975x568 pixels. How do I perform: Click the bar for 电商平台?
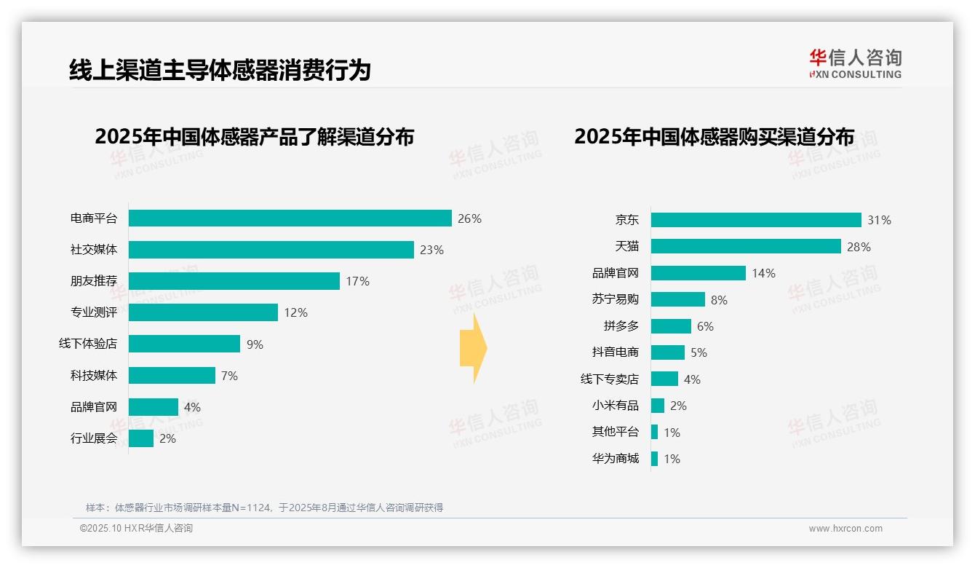(290, 218)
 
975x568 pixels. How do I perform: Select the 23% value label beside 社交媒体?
(431, 250)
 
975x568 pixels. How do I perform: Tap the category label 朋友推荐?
(93, 281)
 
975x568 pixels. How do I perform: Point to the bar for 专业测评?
(203, 312)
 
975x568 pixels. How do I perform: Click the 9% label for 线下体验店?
(255, 344)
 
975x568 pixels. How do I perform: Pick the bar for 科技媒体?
(172, 376)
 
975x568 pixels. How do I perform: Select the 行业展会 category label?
(93, 438)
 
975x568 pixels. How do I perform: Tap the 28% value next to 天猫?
(859, 247)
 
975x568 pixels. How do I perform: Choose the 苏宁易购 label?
(615, 299)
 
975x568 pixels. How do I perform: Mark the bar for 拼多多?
(670, 326)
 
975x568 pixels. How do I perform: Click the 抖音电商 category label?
(615, 352)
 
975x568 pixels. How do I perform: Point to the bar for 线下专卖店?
(664, 379)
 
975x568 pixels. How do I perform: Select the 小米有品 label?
(615, 406)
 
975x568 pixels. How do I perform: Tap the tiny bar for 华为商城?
(654, 459)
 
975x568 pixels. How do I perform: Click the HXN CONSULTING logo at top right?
(855, 64)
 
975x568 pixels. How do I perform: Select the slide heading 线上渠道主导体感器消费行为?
(220, 70)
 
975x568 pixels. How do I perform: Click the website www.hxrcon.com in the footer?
(845, 529)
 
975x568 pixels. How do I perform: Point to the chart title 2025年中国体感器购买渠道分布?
(714, 137)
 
